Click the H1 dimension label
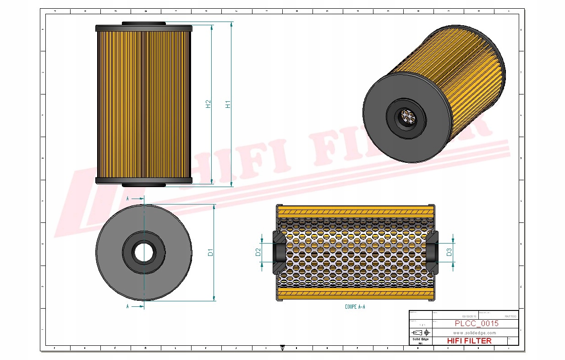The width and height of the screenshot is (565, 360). [228, 104]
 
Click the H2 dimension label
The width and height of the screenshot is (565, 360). [208, 104]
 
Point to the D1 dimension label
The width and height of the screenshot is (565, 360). [210, 252]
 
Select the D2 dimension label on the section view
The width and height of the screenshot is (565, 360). [258, 252]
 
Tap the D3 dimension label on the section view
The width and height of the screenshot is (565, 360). [449, 252]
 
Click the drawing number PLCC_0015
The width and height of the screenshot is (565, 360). [477, 324]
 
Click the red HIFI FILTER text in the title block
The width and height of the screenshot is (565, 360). [469, 341]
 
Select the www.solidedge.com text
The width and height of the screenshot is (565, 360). [475, 333]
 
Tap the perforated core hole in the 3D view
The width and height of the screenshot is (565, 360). [407, 117]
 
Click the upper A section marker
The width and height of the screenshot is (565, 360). [127, 199]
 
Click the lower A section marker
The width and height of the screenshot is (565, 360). [127, 306]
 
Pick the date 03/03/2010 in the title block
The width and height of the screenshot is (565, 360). [469, 316]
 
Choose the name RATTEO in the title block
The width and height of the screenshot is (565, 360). [510, 316]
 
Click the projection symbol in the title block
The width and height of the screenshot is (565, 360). [421, 332]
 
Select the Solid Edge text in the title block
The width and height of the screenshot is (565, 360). [420, 339]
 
